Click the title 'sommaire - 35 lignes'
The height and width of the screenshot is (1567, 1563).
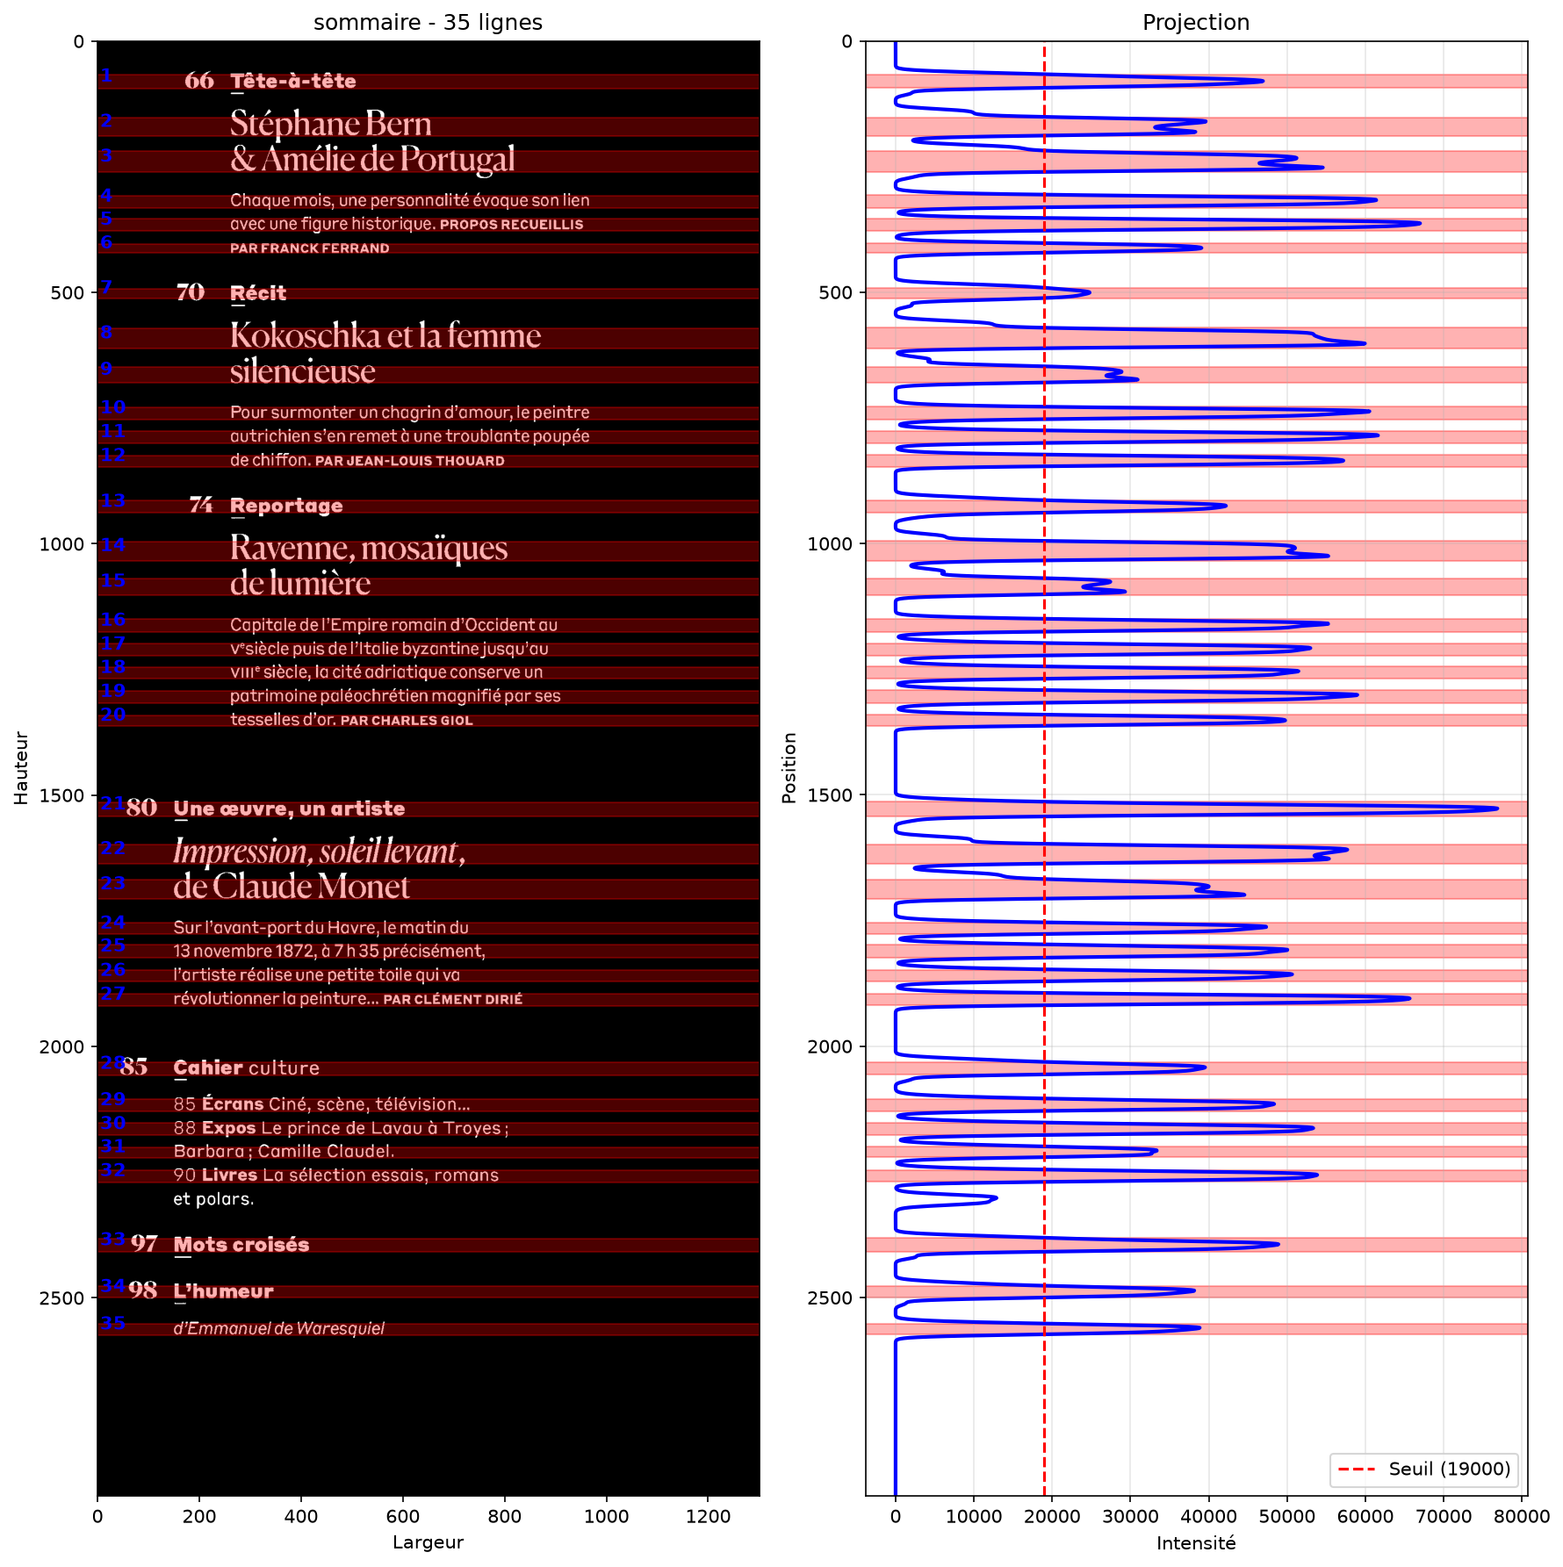click(428, 22)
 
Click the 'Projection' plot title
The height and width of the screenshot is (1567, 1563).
click(1196, 22)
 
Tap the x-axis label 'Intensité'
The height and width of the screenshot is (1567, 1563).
click(1196, 1542)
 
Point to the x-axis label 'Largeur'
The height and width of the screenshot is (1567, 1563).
click(428, 1542)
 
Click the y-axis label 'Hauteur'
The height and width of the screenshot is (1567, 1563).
click(21, 768)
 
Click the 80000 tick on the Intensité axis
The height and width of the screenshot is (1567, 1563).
click(1522, 1516)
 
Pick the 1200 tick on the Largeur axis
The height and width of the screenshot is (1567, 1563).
click(708, 1516)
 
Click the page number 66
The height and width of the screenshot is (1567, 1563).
click(199, 81)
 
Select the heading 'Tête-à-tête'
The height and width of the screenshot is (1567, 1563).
click(293, 81)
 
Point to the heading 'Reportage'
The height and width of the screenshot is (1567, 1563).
click(286, 506)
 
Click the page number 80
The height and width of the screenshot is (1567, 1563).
click(141, 808)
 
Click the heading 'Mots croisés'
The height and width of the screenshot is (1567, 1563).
click(241, 1245)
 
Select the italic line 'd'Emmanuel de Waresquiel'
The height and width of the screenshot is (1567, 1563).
click(279, 1328)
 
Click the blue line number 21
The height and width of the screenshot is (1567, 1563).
click(112, 802)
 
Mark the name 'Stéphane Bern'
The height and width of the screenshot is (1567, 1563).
click(331, 124)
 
